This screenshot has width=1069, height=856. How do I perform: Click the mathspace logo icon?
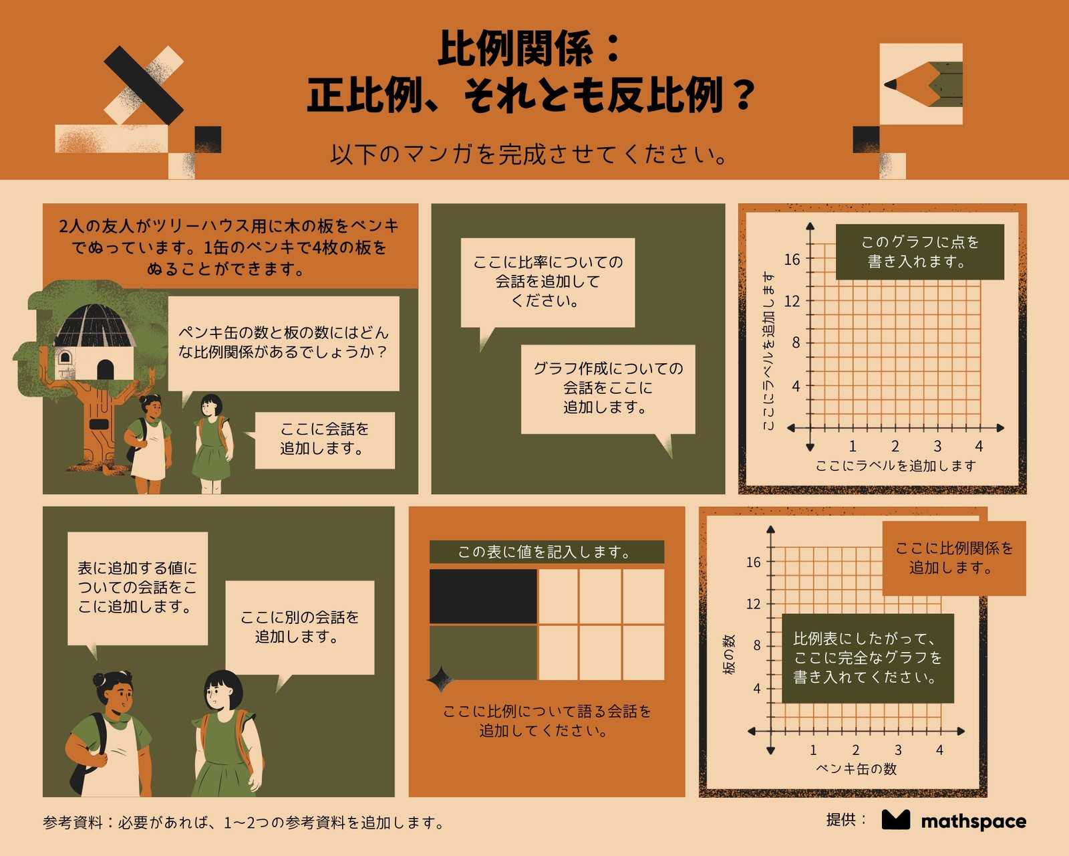tap(896, 820)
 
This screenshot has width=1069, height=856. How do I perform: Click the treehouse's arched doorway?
tap(106, 370)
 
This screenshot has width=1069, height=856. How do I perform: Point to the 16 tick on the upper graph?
tap(792, 259)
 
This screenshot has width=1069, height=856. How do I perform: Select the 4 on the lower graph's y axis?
tap(756, 688)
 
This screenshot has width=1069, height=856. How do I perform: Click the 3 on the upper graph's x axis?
tap(937, 446)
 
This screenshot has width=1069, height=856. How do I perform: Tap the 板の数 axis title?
tap(729, 654)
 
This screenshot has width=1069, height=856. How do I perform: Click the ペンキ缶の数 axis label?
tap(857, 769)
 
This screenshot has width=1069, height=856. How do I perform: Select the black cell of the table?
tap(483, 596)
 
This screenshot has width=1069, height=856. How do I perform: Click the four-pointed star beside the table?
tap(440, 679)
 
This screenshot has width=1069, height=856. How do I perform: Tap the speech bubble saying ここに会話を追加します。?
tap(325, 439)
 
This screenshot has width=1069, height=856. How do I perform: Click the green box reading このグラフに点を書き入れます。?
tap(920, 251)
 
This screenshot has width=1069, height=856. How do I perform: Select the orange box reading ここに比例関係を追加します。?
tap(954, 558)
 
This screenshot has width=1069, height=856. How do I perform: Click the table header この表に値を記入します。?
tap(547, 552)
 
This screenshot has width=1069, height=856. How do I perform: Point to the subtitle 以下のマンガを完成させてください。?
tap(530, 154)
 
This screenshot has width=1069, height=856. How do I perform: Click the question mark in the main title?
tap(744, 96)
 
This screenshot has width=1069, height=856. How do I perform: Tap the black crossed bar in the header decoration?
tap(144, 85)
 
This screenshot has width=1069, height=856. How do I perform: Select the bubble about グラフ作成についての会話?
tap(608, 389)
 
